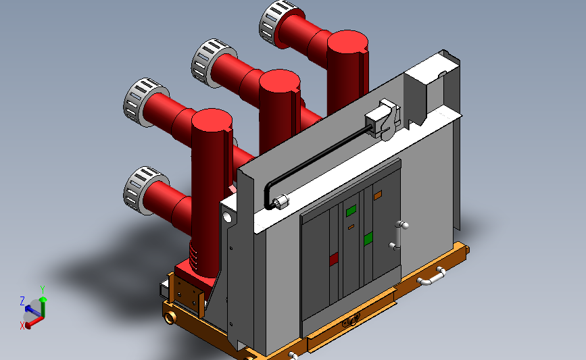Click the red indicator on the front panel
[x=333, y=258]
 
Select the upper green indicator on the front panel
[x=351, y=211]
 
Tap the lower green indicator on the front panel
[x=368, y=238]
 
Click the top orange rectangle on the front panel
[x=377, y=195]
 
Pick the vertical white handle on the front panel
[x=399, y=234]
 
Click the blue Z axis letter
[x=22, y=301]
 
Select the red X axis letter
[x=22, y=325]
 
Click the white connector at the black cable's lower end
[x=279, y=201]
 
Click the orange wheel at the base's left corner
[x=170, y=316]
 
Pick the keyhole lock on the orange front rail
[x=349, y=322]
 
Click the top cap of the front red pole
[x=213, y=122]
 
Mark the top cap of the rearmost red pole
[x=349, y=43]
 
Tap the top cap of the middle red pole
[x=279, y=80]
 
